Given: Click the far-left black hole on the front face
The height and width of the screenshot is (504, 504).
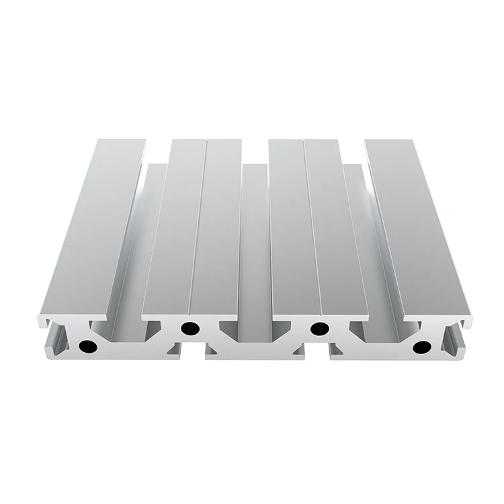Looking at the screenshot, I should point(86,347).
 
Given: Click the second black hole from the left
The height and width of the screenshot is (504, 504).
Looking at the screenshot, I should point(190,329).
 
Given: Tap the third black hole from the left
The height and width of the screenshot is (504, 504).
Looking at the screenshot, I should point(320,329).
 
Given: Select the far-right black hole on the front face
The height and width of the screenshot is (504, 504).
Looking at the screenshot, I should point(422,347).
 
